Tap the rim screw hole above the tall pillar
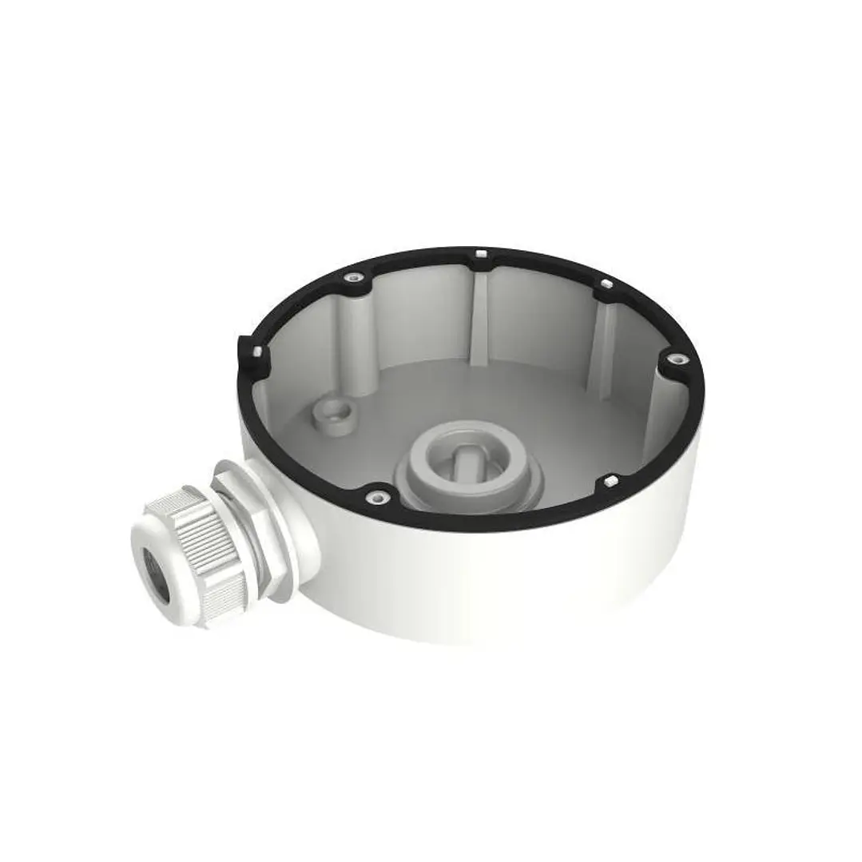(351, 278)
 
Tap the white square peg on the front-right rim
(610, 482)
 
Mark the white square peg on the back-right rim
(606, 284)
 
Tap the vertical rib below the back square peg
(479, 320)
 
